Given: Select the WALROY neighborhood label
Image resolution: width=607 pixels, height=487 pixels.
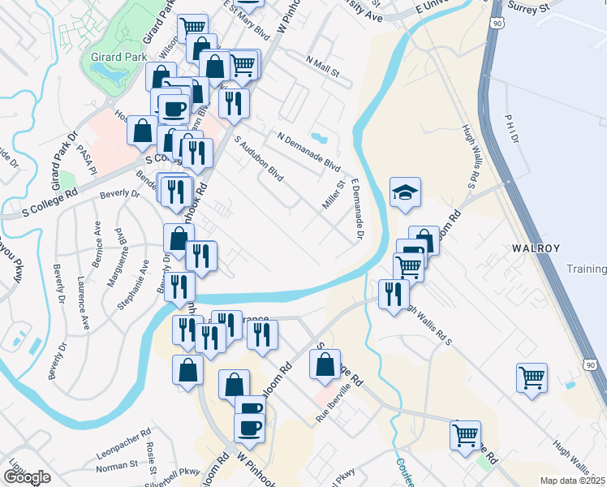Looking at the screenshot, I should coord(533,247).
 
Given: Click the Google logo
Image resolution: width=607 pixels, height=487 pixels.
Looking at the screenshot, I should coord(27,477).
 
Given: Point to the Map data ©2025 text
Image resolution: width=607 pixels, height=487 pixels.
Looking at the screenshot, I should coord(573,481).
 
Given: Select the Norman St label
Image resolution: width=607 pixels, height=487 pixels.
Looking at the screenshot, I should coord(117,466).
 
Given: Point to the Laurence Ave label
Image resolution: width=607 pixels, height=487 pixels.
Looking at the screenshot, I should coord(82,302).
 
